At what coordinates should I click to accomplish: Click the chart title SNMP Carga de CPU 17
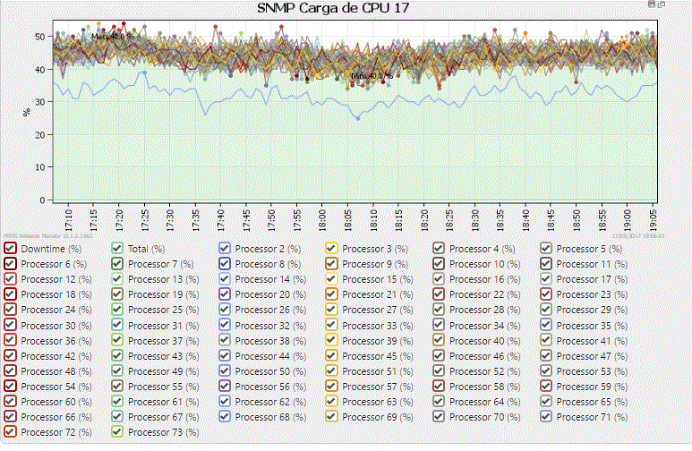(x=346, y=8)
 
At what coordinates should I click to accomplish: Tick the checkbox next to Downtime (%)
(x=10, y=249)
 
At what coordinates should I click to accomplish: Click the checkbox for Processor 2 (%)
(x=225, y=249)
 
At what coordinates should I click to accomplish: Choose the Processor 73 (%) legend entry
(x=161, y=431)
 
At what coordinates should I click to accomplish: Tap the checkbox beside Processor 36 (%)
(x=10, y=340)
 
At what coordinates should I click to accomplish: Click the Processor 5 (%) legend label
(x=588, y=249)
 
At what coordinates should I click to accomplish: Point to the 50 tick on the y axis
(x=40, y=37)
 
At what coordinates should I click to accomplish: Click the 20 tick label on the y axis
(x=40, y=134)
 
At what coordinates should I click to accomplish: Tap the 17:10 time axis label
(x=69, y=218)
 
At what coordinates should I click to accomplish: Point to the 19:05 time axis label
(x=654, y=218)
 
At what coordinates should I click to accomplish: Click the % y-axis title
(x=27, y=114)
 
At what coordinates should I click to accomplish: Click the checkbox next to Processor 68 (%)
(x=225, y=416)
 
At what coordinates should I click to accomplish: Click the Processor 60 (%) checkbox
(x=10, y=401)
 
